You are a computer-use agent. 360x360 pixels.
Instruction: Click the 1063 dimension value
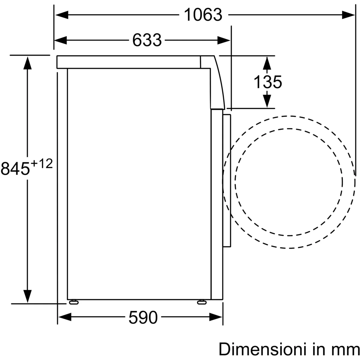[203, 15]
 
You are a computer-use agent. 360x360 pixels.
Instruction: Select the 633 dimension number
[147, 40]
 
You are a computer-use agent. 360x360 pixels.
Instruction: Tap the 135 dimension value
[268, 82]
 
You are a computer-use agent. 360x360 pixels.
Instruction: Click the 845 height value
[15, 169]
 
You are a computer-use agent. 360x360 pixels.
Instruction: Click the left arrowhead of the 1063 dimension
[62, 15]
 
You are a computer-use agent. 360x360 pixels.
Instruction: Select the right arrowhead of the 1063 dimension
[348, 15]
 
